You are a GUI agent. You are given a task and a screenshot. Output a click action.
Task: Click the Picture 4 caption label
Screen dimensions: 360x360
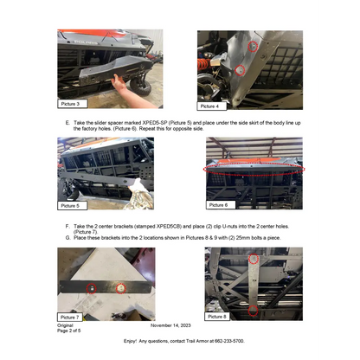click(x=209, y=106)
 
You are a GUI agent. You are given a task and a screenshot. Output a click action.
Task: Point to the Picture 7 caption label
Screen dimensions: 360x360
click(x=70, y=317)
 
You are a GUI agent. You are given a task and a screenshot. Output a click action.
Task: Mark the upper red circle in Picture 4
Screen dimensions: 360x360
click(x=252, y=46)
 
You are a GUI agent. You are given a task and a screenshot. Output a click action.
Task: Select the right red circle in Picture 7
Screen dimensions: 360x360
click(x=121, y=286)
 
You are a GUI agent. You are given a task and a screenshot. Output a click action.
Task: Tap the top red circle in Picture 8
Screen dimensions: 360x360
click(x=253, y=259)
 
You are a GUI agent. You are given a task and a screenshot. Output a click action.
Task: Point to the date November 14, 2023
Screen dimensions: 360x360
click(x=174, y=325)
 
